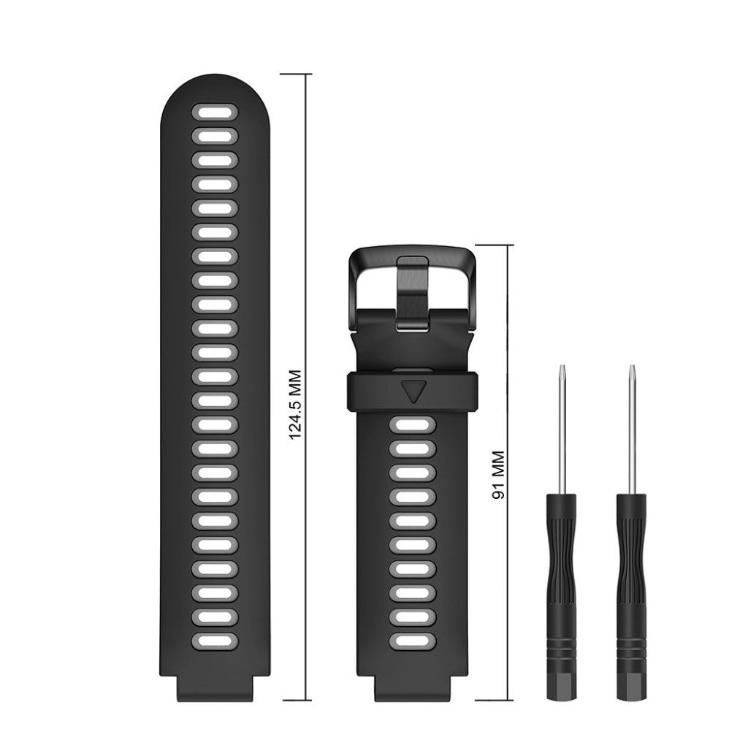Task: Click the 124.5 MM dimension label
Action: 296,403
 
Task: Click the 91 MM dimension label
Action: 499,474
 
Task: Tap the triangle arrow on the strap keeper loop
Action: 413,390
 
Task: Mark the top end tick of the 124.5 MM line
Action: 296,75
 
